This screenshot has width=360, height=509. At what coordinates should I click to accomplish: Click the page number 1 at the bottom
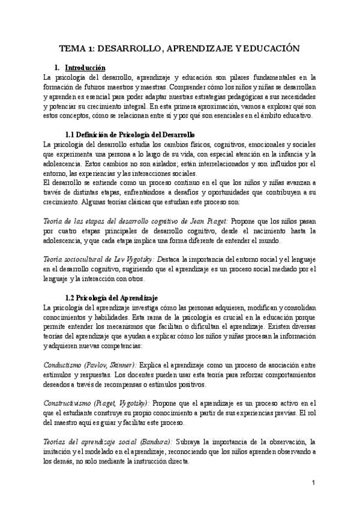click(x=314, y=483)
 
